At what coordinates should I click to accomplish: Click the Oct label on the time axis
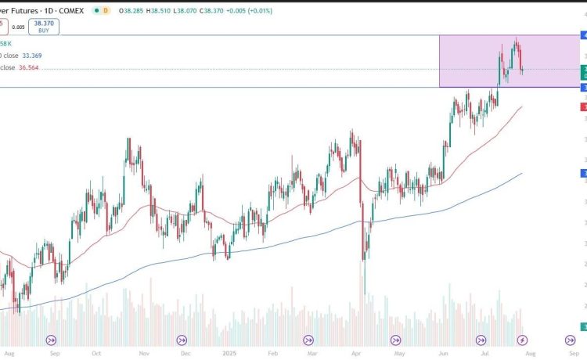96,353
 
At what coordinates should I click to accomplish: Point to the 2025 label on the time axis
229,353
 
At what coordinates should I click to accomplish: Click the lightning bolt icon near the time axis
523,340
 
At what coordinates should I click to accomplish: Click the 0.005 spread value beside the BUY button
19,26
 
